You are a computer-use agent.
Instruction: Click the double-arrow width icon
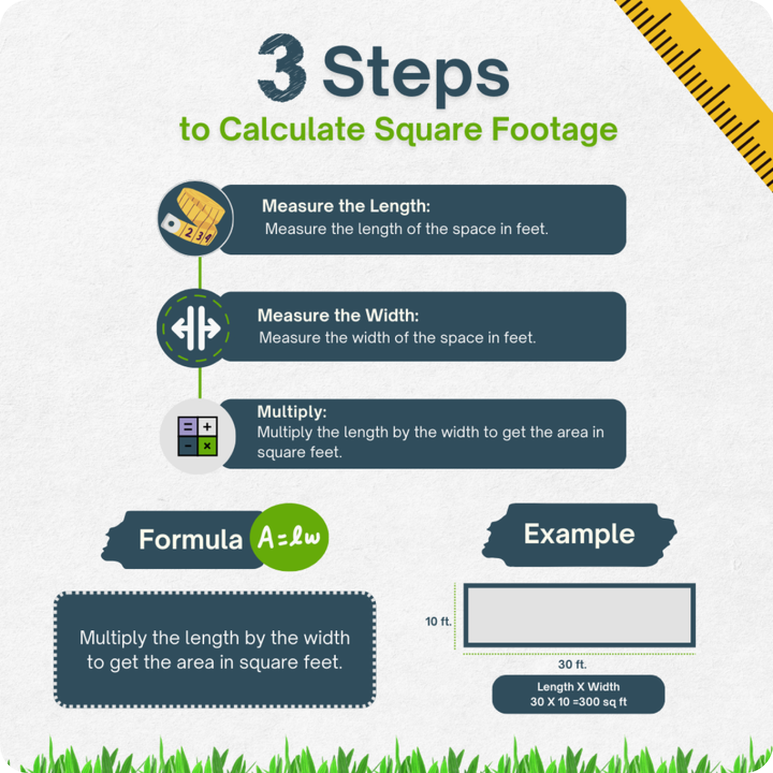(196, 328)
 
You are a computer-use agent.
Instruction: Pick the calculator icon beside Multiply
(198, 436)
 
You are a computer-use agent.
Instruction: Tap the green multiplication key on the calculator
(207, 445)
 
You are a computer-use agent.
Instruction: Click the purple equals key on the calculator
(188, 426)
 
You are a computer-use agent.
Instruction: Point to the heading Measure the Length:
(346, 206)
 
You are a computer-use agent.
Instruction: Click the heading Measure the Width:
(338, 316)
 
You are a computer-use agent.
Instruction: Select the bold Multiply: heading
(292, 411)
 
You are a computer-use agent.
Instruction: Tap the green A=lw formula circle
(289, 537)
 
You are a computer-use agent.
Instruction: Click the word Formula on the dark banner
(191, 540)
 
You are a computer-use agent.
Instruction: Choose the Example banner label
(579, 534)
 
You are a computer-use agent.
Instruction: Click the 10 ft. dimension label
(439, 621)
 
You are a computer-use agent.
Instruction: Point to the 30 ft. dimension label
(572, 665)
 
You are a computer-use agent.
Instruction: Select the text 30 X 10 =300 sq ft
(579, 702)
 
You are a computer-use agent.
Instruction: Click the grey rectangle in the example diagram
(579, 615)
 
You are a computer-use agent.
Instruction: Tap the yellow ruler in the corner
(706, 80)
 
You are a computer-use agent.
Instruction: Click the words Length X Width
(579, 687)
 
